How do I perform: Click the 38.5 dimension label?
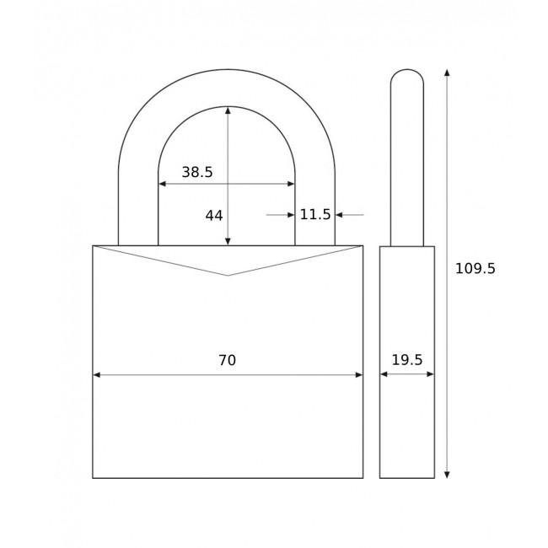click(x=197, y=172)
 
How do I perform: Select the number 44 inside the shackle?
click(x=214, y=216)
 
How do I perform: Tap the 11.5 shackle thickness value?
click(x=315, y=215)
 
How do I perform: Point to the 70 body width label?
click(x=227, y=361)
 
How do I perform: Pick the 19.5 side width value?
click(x=407, y=361)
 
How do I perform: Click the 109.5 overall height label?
click(x=475, y=269)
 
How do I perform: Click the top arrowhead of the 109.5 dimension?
click(x=447, y=73)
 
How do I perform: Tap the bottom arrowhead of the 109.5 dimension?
click(x=447, y=474)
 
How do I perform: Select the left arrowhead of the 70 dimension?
click(x=97, y=374)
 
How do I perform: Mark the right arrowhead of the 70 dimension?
click(x=358, y=374)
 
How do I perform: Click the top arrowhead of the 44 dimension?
click(x=228, y=110)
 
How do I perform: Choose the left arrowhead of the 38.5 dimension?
click(x=163, y=184)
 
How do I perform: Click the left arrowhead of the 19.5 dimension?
click(x=384, y=374)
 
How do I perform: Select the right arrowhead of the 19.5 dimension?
click(x=430, y=374)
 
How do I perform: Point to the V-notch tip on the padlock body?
click(x=228, y=275)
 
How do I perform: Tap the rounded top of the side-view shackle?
click(x=407, y=74)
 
